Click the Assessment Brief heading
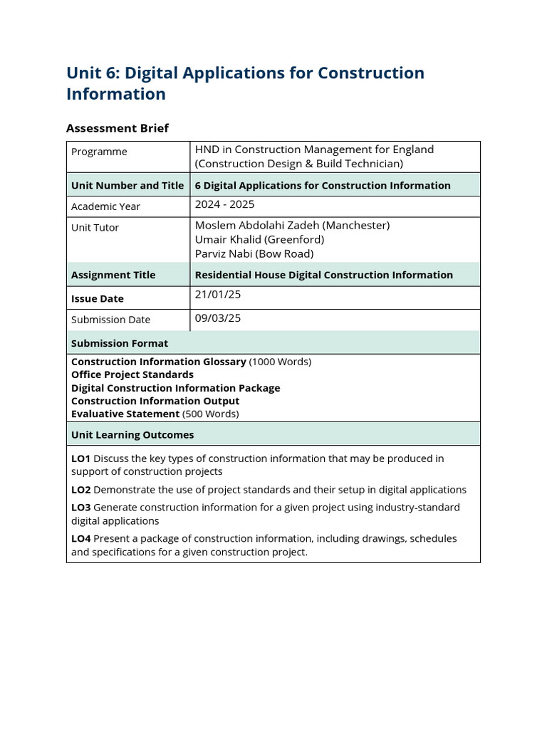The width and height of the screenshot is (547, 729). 118,128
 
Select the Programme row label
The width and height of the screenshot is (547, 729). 99,152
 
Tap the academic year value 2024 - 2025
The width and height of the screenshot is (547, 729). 224,204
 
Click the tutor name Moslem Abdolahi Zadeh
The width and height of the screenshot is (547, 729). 292,225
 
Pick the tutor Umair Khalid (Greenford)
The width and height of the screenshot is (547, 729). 259,239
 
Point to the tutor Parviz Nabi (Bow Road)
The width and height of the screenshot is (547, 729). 254,253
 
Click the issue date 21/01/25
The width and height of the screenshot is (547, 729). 218,294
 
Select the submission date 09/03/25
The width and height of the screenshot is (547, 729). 218,318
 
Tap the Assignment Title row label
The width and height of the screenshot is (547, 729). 113,275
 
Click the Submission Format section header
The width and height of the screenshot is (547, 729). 120,343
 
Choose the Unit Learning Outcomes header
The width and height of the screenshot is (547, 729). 132,434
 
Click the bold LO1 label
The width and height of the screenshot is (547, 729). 80,458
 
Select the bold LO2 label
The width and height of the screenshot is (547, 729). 80,490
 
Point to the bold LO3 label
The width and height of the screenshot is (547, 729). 80,508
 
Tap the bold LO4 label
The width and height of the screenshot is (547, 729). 80,539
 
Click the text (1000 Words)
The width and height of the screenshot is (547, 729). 280,362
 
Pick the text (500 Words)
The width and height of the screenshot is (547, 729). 211,414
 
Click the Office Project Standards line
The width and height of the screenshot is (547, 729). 132,374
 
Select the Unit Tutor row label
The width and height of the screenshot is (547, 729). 95,228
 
